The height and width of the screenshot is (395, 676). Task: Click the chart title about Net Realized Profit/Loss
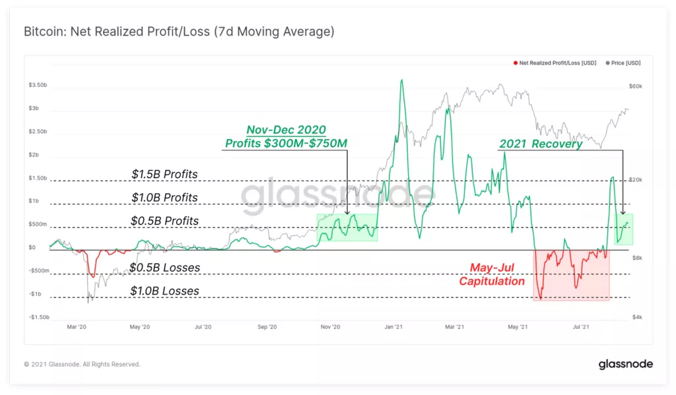pos(179,32)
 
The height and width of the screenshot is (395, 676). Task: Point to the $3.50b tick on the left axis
pos(38,85)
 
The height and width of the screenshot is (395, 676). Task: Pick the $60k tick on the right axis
pos(634,87)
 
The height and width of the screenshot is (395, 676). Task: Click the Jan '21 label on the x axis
pos(393,326)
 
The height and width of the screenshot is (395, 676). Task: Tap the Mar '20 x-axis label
pos(77,326)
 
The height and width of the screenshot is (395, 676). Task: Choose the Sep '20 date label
pos(266,326)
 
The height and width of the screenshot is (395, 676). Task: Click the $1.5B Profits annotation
pos(164,174)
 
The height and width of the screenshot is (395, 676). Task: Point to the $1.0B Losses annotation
pos(164,291)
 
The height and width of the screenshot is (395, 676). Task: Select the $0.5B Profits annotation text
pos(164,221)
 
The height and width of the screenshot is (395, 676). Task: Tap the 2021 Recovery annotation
pos(541,144)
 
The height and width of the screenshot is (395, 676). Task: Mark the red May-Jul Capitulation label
pos(491,275)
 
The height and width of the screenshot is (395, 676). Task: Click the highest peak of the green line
pos(401,80)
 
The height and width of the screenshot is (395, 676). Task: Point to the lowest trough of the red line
pos(541,299)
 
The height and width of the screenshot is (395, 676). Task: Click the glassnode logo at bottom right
pos(625,364)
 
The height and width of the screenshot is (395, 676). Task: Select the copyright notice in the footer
pos(82,364)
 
